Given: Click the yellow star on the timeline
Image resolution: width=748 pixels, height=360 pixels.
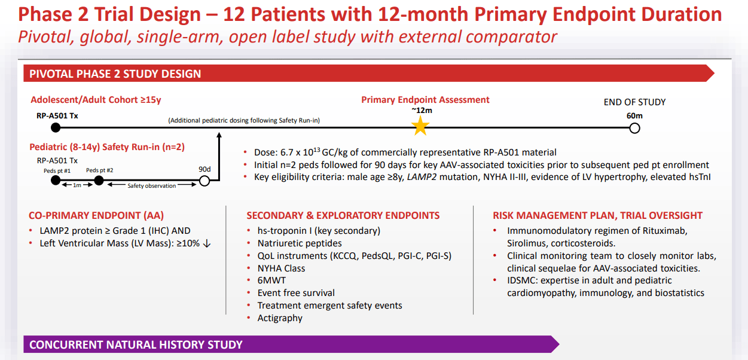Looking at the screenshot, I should tap(421, 126).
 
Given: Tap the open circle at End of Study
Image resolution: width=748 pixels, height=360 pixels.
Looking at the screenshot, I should tap(635, 128).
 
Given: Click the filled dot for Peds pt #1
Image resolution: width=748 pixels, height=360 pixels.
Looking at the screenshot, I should tap(56, 181).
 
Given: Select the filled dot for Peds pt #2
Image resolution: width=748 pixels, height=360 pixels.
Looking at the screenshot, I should tap(99, 181).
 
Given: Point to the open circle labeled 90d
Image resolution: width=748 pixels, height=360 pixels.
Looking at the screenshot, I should tap(204, 181).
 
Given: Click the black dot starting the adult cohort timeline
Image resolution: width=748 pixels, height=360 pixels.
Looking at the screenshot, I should tap(56, 127).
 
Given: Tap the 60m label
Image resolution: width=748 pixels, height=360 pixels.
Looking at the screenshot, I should tap(634, 115).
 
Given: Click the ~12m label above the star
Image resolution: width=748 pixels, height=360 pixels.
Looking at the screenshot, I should tap(421, 111).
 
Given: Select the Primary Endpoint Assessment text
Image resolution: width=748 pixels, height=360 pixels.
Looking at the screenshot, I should tap(425, 100).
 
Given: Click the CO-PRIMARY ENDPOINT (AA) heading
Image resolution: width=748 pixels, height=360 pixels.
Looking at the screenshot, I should tap(96, 215).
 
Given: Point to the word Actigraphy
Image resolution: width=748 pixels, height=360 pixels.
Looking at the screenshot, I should tap(280, 318).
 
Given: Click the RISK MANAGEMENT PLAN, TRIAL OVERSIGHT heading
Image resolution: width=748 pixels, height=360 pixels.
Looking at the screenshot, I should tap(597, 215).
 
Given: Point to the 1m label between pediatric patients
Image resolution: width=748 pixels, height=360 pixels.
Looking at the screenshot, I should tap(78, 186).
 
